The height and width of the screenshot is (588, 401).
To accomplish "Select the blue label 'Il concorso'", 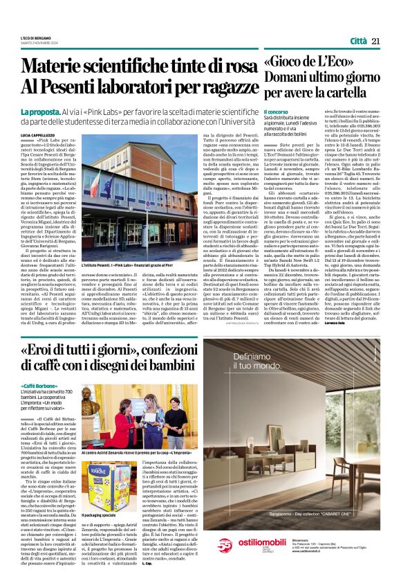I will tap(275, 112).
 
